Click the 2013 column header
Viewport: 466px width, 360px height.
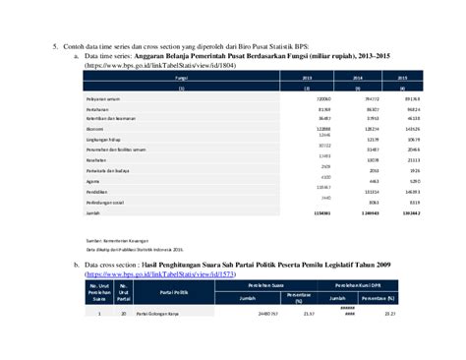click(307, 77)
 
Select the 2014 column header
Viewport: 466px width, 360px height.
click(358, 77)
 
